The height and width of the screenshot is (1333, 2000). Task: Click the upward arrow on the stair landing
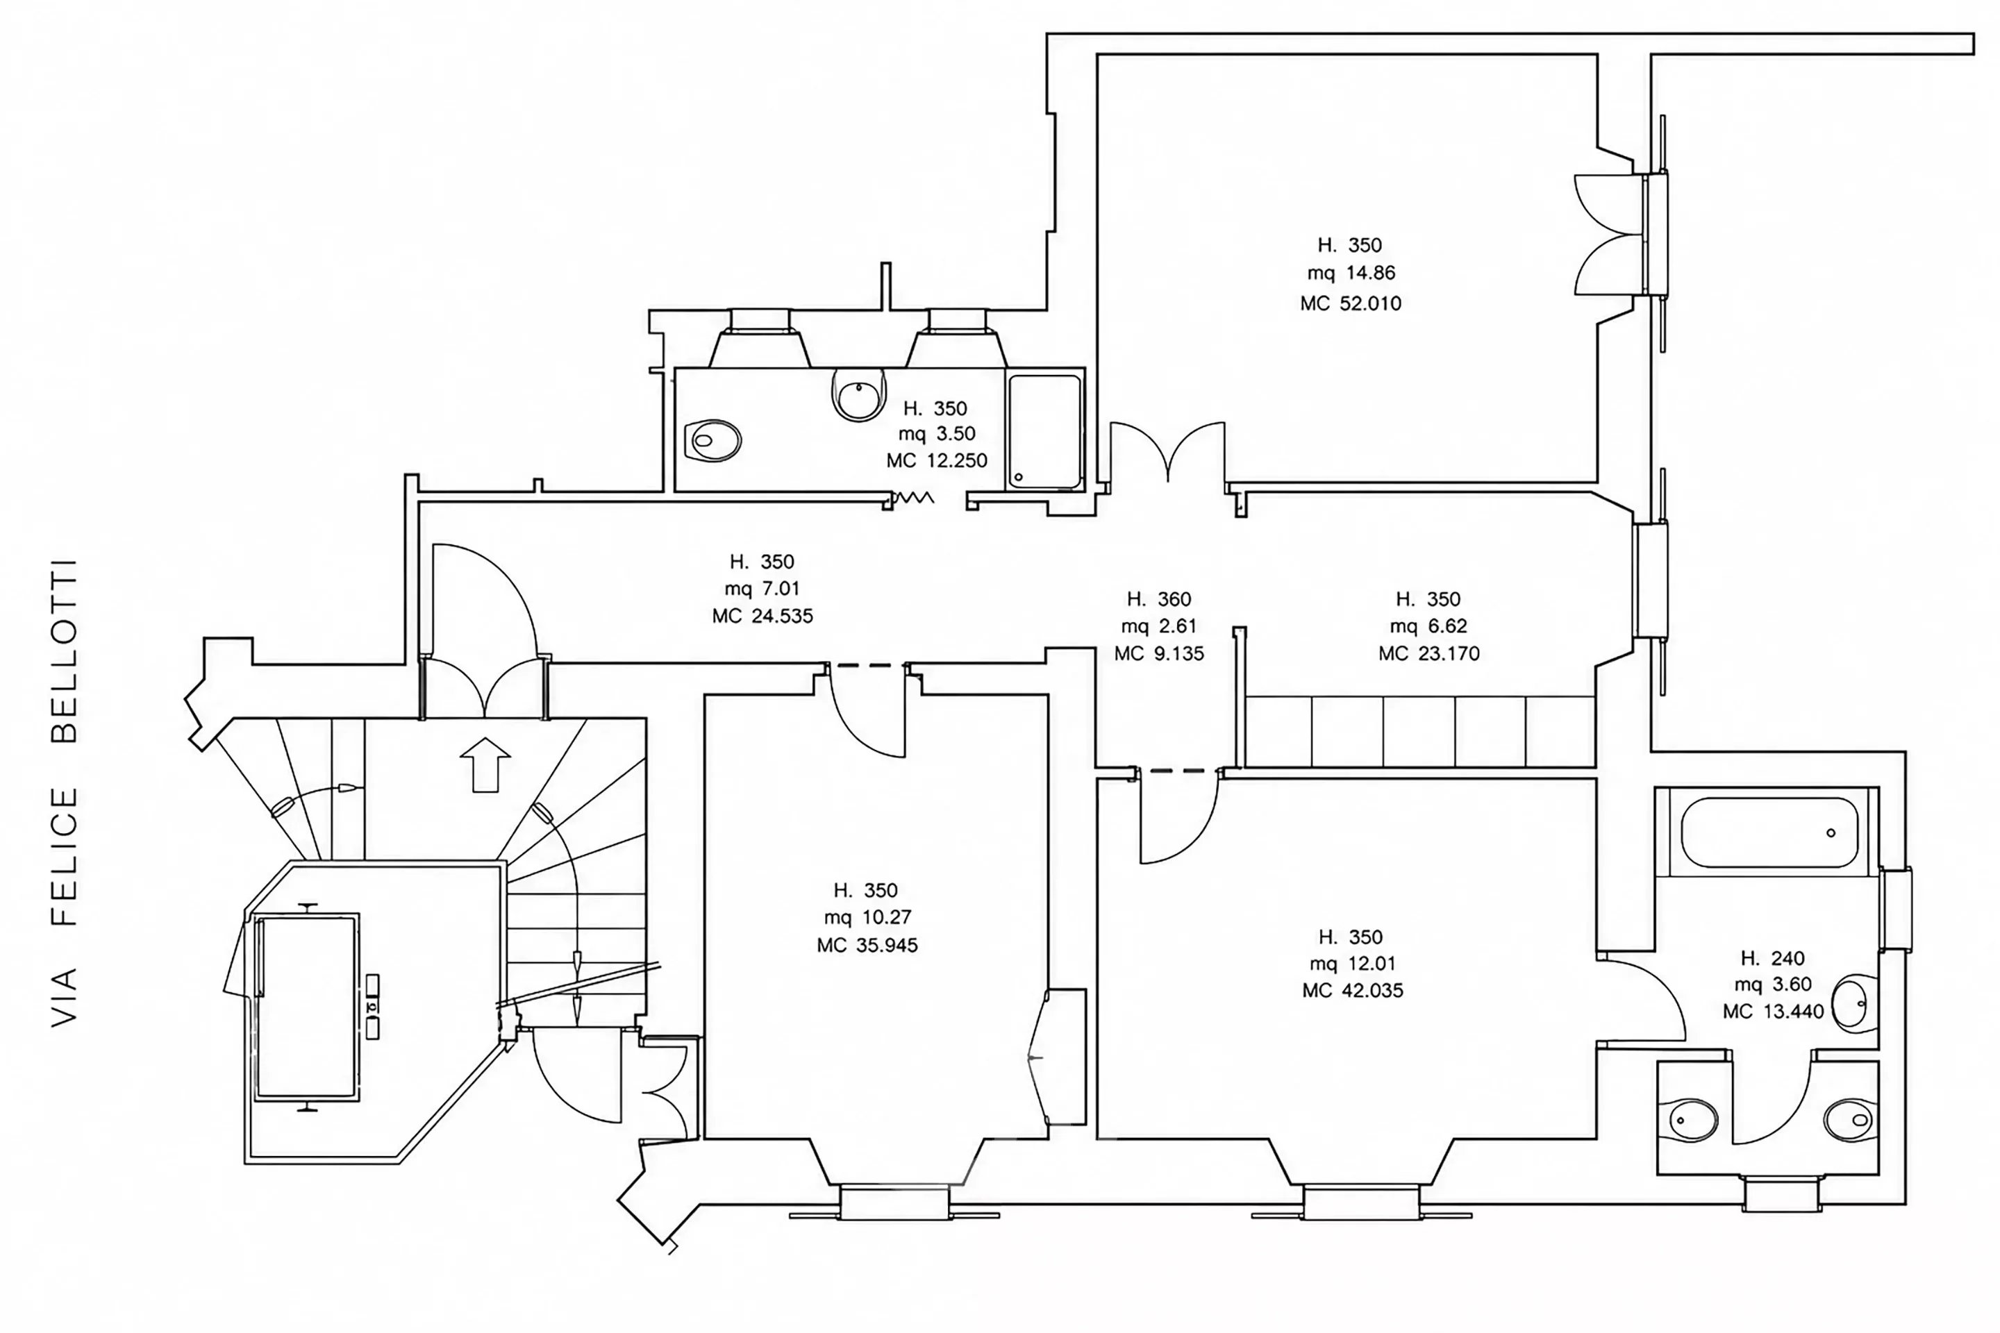[485, 764]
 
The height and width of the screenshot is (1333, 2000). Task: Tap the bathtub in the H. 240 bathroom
[1770, 832]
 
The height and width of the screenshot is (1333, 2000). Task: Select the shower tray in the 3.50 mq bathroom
[1044, 431]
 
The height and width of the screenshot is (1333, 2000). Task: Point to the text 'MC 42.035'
[1353, 991]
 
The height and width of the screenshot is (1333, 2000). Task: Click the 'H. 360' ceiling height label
[1159, 599]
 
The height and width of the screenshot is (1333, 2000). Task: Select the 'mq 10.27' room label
[867, 917]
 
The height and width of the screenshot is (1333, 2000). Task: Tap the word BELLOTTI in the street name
[65, 651]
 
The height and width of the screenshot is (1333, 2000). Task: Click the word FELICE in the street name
[65, 856]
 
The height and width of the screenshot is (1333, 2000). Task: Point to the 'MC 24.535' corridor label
[762, 617]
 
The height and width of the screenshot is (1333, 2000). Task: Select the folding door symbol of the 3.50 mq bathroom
[913, 497]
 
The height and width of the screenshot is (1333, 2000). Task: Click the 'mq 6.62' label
[1428, 626]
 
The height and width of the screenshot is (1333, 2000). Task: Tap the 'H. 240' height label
[1773, 959]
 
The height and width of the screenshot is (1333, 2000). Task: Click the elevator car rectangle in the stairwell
[306, 1007]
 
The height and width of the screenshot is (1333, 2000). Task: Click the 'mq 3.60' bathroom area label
[1773, 984]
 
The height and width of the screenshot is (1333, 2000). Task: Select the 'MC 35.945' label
[867, 946]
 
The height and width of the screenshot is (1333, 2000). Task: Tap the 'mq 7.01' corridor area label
[762, 588]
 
